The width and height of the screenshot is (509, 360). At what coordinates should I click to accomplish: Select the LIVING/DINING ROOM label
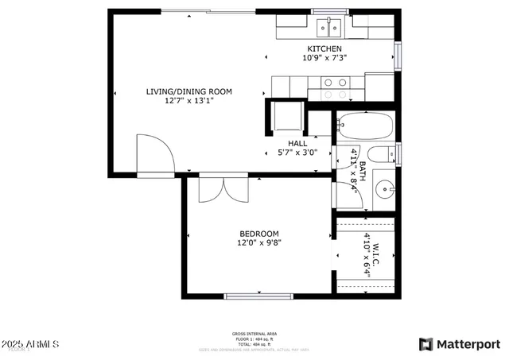pos(188,91)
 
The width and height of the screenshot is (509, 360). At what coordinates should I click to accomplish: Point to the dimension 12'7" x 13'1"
pos(188,101)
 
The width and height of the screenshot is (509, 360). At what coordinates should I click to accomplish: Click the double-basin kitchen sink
pos(329,29)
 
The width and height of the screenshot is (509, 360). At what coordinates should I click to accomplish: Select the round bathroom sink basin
pos(383,190)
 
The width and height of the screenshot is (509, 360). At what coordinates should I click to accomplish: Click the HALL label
pos(297,143)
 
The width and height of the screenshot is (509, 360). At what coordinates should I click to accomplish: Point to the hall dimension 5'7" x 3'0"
pos(297,153)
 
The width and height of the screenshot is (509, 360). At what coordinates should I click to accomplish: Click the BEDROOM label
pos(259,234)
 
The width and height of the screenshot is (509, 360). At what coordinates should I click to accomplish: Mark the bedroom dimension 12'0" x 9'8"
pos(259,243)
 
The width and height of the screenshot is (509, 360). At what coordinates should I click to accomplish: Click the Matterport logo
pos(459,344)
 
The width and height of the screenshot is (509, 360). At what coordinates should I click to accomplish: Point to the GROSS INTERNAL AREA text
pos(254,333)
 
